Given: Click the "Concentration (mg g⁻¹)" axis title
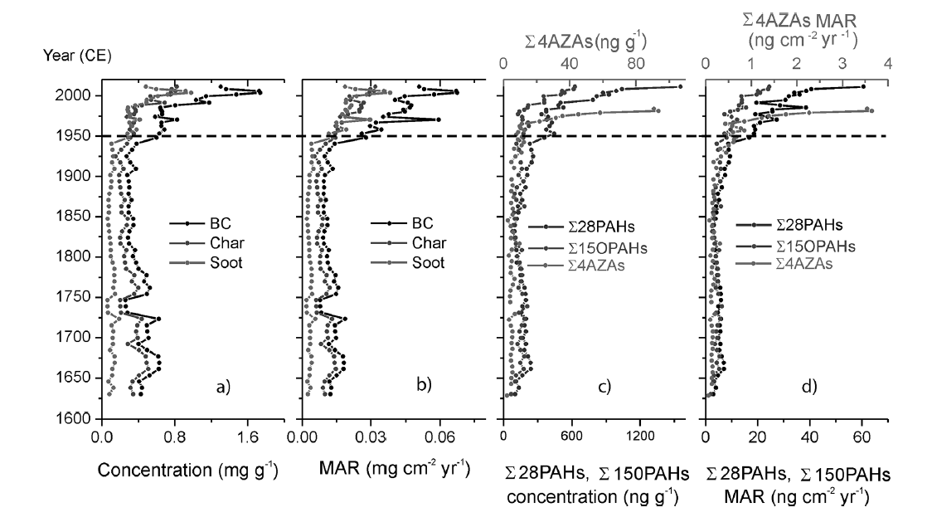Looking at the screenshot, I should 187,470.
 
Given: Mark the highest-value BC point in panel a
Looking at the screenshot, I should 260,92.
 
